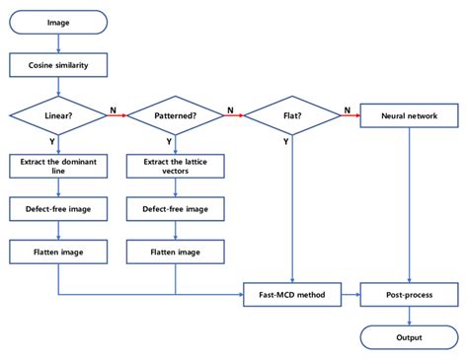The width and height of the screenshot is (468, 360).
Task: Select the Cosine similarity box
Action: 58,68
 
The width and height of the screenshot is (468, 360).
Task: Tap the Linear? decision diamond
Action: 58,116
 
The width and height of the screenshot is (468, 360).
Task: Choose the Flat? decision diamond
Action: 292,116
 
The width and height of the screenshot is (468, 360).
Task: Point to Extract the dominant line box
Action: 58,166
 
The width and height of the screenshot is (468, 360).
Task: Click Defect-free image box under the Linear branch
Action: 58,209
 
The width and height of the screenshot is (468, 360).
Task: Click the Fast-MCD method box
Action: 292,294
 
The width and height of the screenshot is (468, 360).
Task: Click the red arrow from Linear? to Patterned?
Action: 117,116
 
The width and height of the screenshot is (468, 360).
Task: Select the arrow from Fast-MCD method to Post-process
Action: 350,294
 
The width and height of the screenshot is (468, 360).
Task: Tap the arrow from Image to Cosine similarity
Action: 58,42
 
